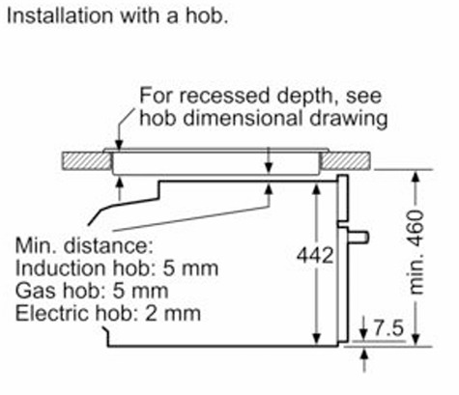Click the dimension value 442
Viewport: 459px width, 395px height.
click(315, 256)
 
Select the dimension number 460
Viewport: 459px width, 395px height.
click(416, 228)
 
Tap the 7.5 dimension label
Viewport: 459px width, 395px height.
click(388, 328)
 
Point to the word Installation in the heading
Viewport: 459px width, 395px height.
click(61, 15)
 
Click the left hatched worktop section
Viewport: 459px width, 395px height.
click(86, 161)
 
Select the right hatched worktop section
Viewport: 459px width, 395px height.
click(345, 161)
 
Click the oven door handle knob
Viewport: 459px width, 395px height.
click(359, 238)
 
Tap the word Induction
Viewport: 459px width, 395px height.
click(60, 268)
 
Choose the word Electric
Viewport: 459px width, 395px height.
click(52, 313)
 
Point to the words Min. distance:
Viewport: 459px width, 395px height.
click(84, 245)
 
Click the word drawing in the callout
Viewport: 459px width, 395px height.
click(349, 119)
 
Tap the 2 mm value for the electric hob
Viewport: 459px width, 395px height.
click(173, 313)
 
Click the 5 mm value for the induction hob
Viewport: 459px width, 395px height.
click(190, 268)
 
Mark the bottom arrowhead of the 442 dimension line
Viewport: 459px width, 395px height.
click(317, 339)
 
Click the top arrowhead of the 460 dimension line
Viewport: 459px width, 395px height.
click(416, 177)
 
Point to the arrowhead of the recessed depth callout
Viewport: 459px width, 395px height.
click(119, 145)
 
